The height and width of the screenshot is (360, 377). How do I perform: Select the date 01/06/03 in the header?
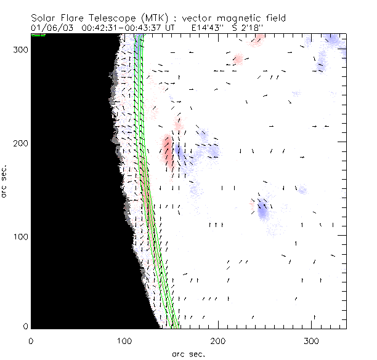49,27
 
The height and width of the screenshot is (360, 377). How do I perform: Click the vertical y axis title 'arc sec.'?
6,182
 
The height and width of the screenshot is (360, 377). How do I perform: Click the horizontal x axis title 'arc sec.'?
188,353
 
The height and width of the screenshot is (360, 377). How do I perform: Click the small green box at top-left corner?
38,35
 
